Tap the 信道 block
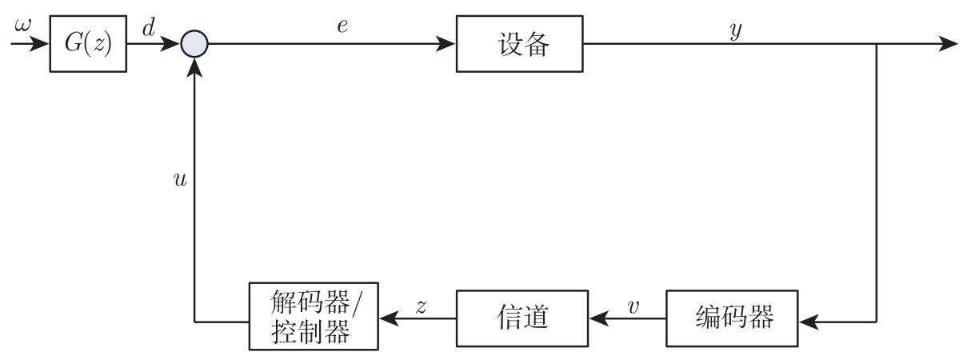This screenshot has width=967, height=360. [x=521, y=319]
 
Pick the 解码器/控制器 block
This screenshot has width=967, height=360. [x=312, y=318]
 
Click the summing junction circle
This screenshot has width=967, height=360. [x=194, y=44]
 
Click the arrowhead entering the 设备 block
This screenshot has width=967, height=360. [x=446, y=44]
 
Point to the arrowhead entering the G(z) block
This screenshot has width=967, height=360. [x=40, y=44]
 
